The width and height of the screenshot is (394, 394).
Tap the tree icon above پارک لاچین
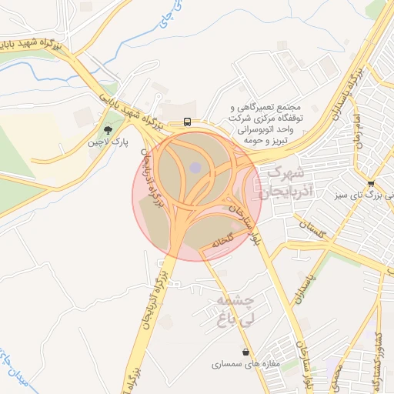pos(108,131)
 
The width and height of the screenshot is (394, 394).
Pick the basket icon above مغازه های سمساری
pos(245,352)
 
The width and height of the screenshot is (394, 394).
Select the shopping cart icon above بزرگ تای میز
pos(372,184)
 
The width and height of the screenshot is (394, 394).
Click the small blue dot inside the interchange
pos(195,167)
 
